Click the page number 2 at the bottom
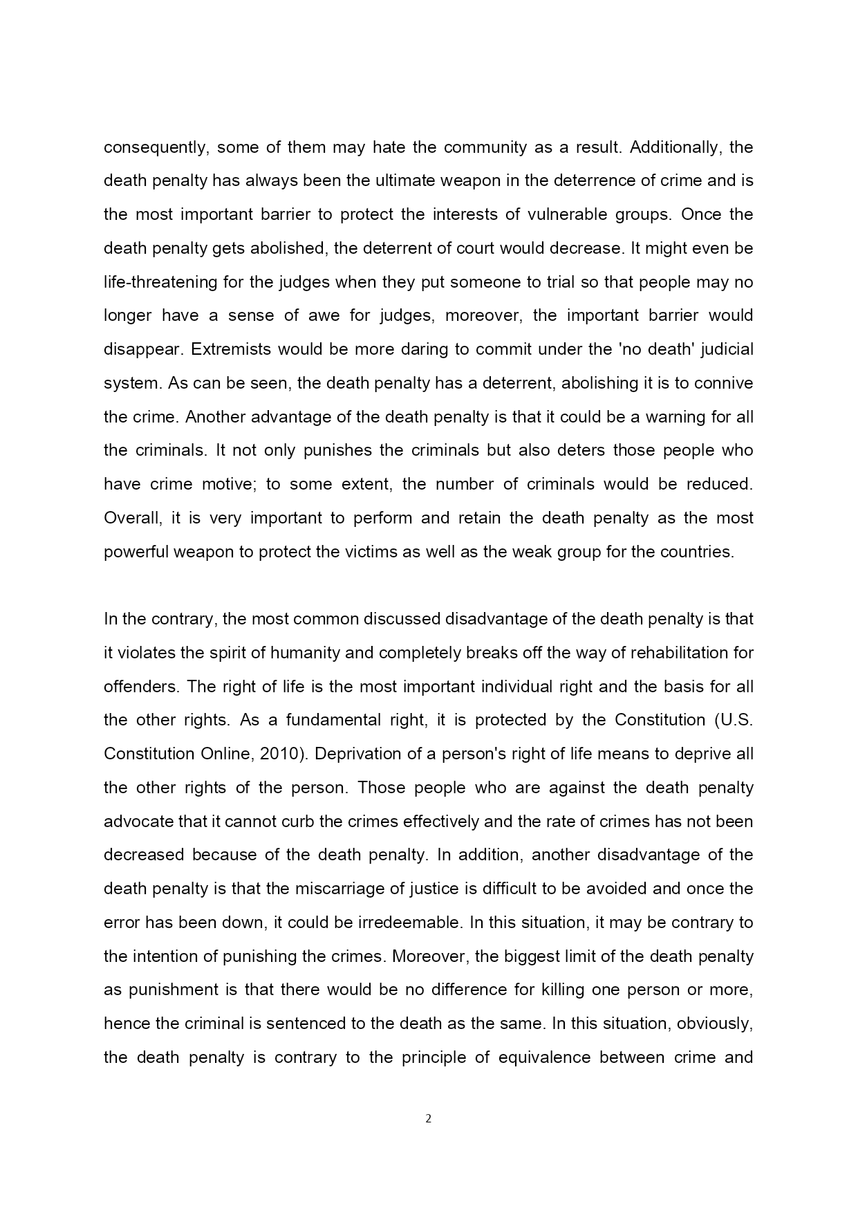pyautogui.click(x=428, y=1119)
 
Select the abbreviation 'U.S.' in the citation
pyautogui.click(x=736, y=720)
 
